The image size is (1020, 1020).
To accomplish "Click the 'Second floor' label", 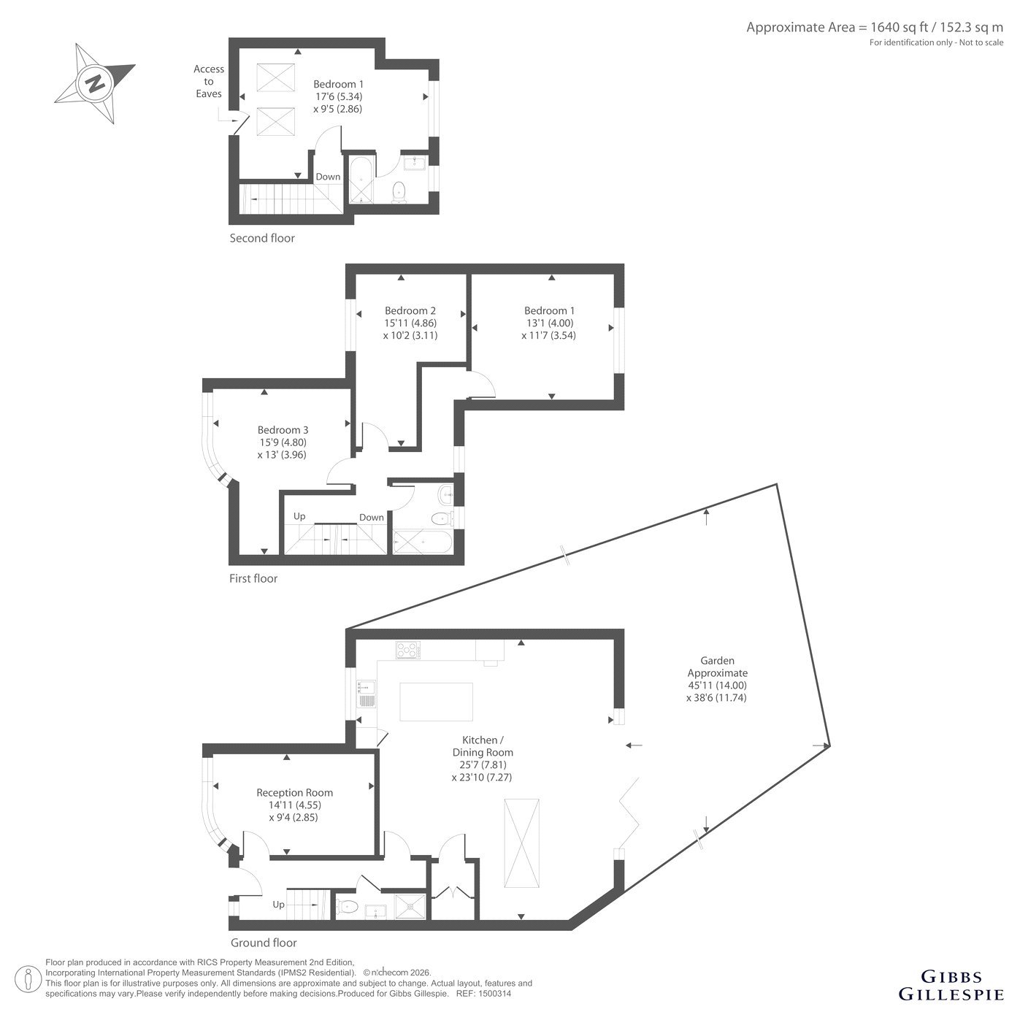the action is (262, 238).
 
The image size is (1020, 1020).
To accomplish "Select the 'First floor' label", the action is (253, 578).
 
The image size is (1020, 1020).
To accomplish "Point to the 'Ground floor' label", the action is (264, 943).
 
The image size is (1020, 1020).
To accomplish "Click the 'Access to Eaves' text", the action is (209, 81).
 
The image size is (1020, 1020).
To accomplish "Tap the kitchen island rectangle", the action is (436, 702).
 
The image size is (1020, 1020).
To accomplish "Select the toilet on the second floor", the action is (399, 192).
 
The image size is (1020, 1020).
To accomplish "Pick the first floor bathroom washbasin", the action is (446, 496).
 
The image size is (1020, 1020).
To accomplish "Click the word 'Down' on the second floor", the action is (328, 177).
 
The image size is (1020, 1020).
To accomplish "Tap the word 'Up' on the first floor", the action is (299, 517).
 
